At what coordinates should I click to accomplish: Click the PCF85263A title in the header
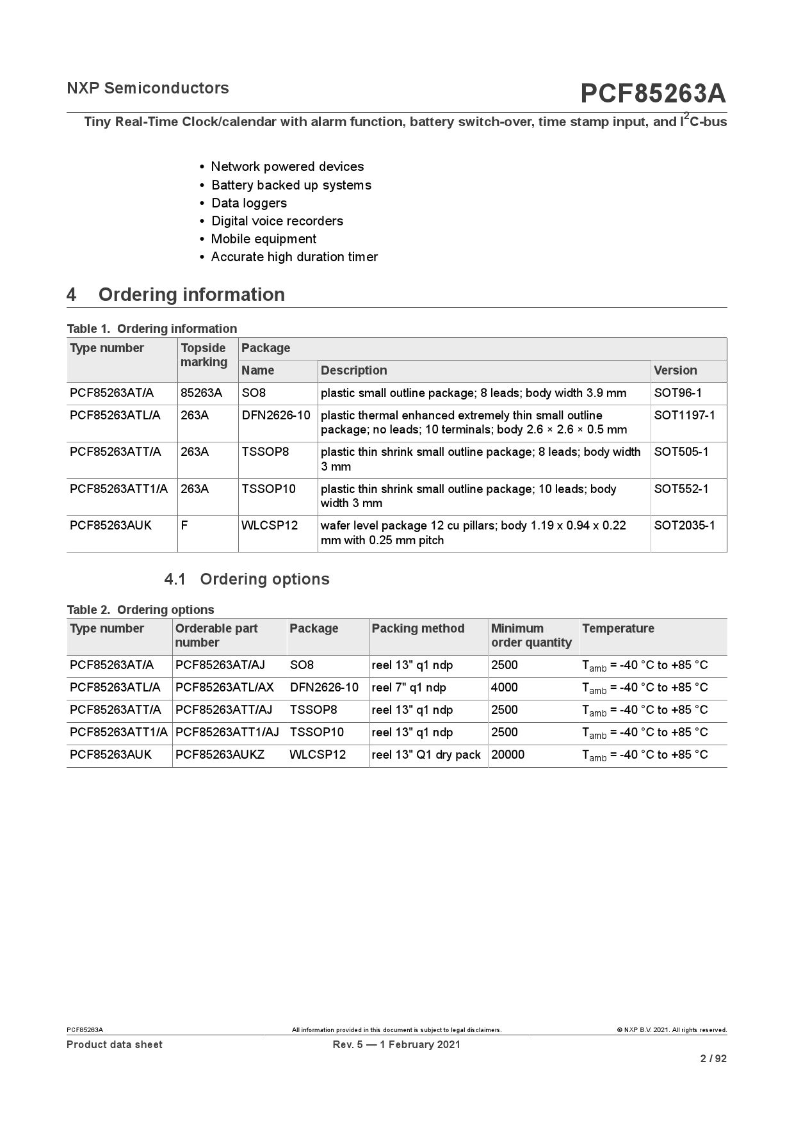[x=652, y=94]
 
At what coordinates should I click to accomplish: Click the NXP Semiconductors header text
[x=148, y=88]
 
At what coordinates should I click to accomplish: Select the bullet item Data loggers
[x=248, y=203]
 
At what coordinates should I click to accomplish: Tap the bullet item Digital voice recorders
[x=277, y=221]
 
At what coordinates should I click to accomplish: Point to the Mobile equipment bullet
[x=263, y=239]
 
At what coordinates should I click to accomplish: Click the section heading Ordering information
[x=191, y=295]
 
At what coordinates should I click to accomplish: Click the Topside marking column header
[x=204, y=355]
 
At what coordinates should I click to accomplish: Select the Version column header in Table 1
[x=675, y=371]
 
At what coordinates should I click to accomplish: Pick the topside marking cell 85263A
[x=201, y=393]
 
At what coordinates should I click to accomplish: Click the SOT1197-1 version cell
[x=685, y=416]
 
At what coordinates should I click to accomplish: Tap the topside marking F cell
[x=184, y=526]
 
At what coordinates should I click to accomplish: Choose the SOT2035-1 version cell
[x=685, y=526]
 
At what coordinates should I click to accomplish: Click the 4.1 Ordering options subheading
[x=247, y=579]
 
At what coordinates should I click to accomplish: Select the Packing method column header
[x=418, y=629]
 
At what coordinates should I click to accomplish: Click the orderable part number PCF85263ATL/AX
[x=224, y=688]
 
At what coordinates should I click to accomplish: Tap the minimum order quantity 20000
[x=507, y=755]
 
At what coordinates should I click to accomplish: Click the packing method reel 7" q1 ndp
[x=409, y=688]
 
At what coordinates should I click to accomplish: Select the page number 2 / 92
[x=713, y=1059]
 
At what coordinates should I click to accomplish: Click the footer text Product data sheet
[x=115, y=1045]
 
